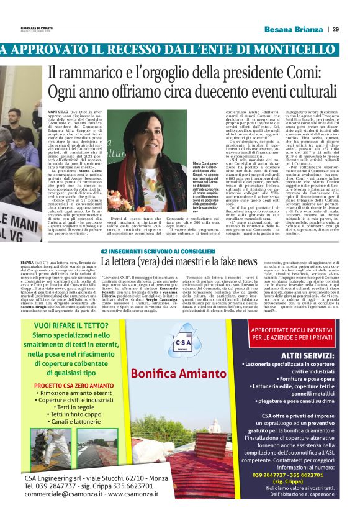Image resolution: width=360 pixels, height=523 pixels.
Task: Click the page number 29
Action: pos(335,29)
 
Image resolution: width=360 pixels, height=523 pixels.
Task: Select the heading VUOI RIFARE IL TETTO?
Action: pos(74,324)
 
